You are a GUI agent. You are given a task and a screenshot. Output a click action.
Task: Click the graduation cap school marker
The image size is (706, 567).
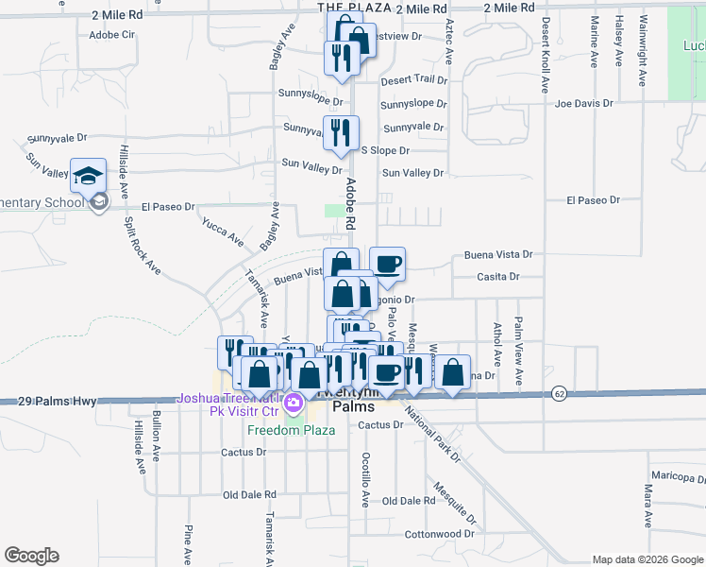click(88, 177)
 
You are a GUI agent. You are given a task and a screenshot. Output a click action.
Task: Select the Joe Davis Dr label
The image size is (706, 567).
click(585, 103)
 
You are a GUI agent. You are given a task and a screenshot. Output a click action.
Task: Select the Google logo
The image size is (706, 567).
click(31, 556)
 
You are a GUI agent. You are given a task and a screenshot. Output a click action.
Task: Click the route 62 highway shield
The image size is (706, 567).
click(560, 393)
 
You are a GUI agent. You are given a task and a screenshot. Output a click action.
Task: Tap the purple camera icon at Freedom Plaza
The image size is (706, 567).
click(294, 404)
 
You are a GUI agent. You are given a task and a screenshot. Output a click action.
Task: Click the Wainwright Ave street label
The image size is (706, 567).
click(644, 46)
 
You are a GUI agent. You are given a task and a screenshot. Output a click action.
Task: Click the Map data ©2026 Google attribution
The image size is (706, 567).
click(647, 559)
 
